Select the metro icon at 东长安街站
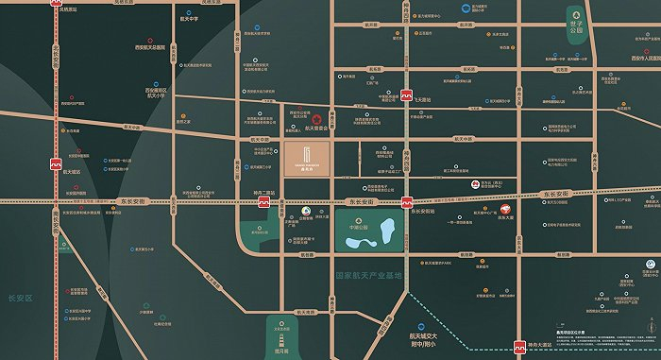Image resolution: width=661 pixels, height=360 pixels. pyautogui.click(x=406, y=202)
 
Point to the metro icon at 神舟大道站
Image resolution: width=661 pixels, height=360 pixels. pyautogui.click(x=518, y=347)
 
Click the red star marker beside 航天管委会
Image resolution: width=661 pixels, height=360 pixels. pyautogui.click(x=316, y=119)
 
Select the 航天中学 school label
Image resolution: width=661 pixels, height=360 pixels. pyautogui.click(x=190, y=16)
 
